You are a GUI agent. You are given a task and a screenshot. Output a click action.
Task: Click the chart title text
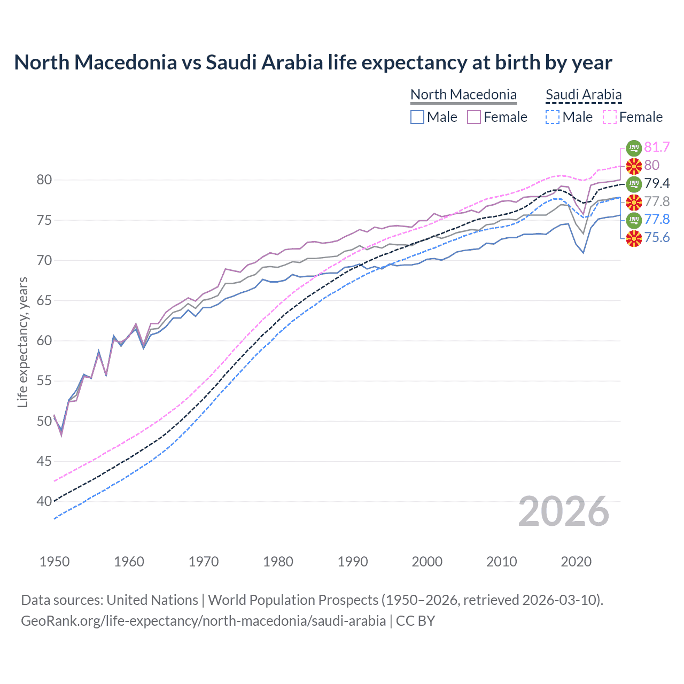pyautogui.click(x=313, y=63)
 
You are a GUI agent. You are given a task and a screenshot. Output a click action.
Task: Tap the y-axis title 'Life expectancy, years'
pyautogui.click(x=22, y=342)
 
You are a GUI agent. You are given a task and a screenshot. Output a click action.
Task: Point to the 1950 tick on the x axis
pyautogui.click(x=55, y=562)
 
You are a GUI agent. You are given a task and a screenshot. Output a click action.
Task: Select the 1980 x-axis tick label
pyautogui.click(x=278, y=562)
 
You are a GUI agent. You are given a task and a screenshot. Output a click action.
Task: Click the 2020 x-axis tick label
pyautogui.click(x=576, y=562)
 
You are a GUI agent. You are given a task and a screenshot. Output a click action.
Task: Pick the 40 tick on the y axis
pyautogui.click(x=44, y=501)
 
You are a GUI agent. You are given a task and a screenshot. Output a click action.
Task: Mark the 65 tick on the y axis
pyautogui.click(x=44, y=300)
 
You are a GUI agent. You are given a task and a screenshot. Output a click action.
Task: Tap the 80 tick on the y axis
pyautogui.click(x=44, y=180)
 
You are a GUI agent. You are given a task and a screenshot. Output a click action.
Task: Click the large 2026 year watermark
pyautogui.click(x=563, y=512)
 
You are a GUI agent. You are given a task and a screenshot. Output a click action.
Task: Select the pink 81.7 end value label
pyautogui.click(x=657, y=147)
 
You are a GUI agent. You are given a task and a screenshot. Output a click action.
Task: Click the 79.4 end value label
pyautogui.click(x=657, y=183)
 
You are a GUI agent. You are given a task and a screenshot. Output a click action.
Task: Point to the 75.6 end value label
pyautogui.click(x=657, y=237)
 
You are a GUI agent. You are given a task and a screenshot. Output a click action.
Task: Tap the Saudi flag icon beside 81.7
pyautogui.click(x=634, y=147)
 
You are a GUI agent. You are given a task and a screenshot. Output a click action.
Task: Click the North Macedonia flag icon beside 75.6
pyautogui.click(x=634, y=238)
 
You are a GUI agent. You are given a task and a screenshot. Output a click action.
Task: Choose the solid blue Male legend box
pyautogui.click(x=417, y=117)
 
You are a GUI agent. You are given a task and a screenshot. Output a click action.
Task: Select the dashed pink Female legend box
pyautogui.click(x=610, y=117)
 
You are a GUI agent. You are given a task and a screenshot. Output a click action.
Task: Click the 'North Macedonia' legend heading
pyautogui.click(x=463, y=95)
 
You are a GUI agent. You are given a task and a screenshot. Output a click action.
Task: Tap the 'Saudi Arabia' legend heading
pyautogui.click(x=584, y=95)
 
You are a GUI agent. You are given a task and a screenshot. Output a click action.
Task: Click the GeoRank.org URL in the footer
pyautogui.click(x=203, y=620)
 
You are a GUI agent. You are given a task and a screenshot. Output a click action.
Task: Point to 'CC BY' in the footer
pyautogui.click(x=415, y=620)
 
